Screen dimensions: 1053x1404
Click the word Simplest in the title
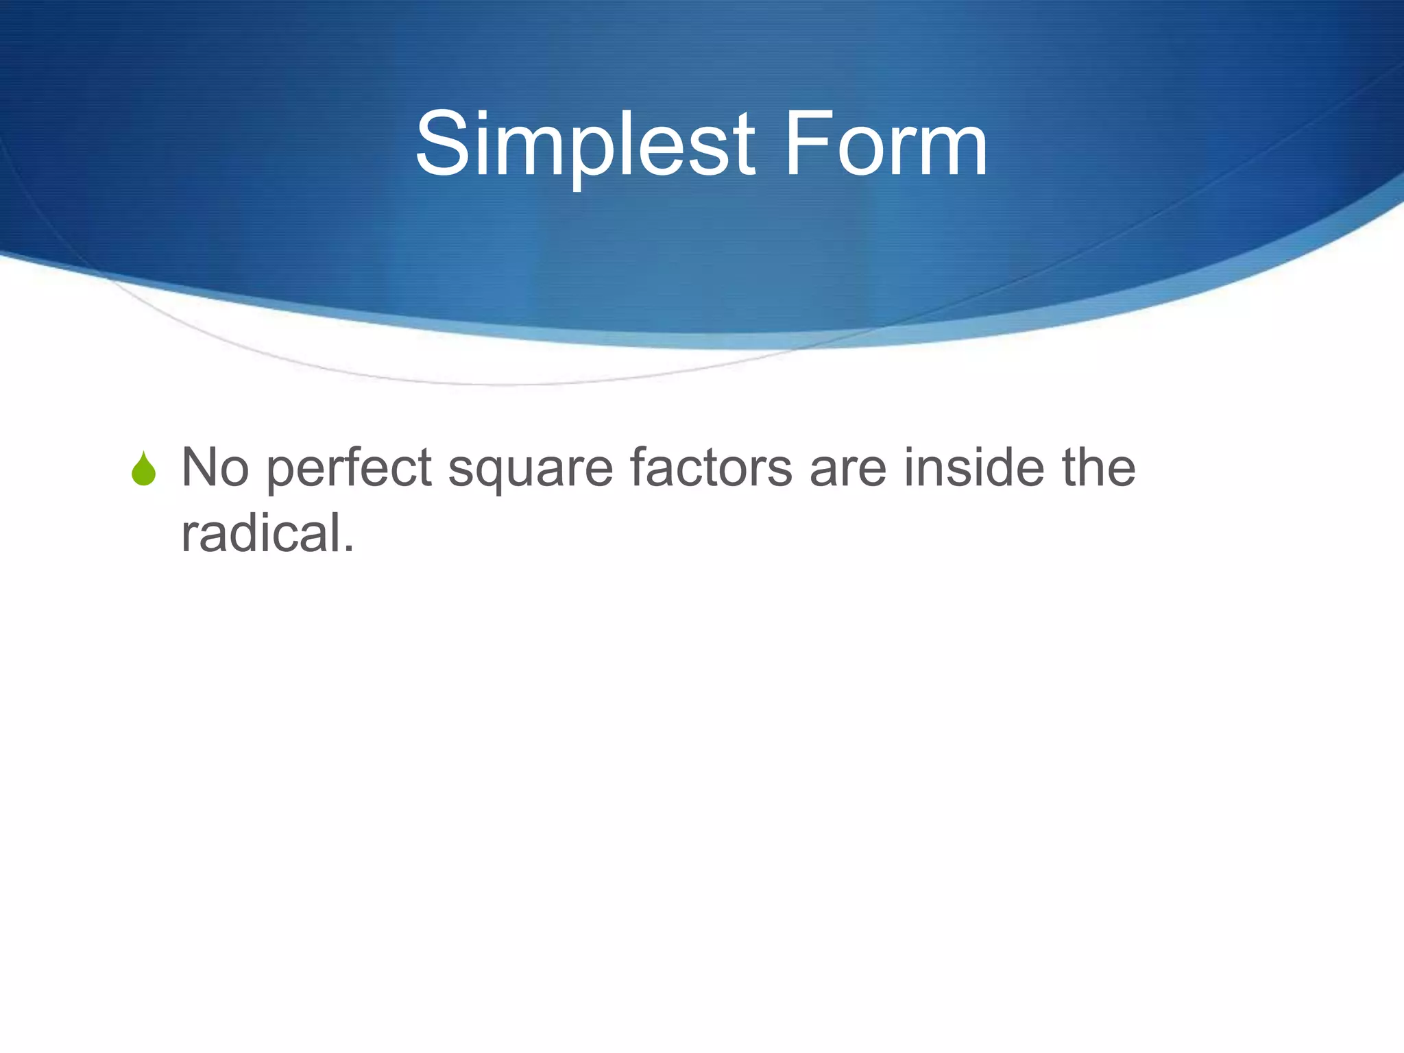(x=585, y=145)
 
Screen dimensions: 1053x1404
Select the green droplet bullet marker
(x=144, y=469)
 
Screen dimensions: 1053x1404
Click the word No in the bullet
(x=215, y=468)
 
